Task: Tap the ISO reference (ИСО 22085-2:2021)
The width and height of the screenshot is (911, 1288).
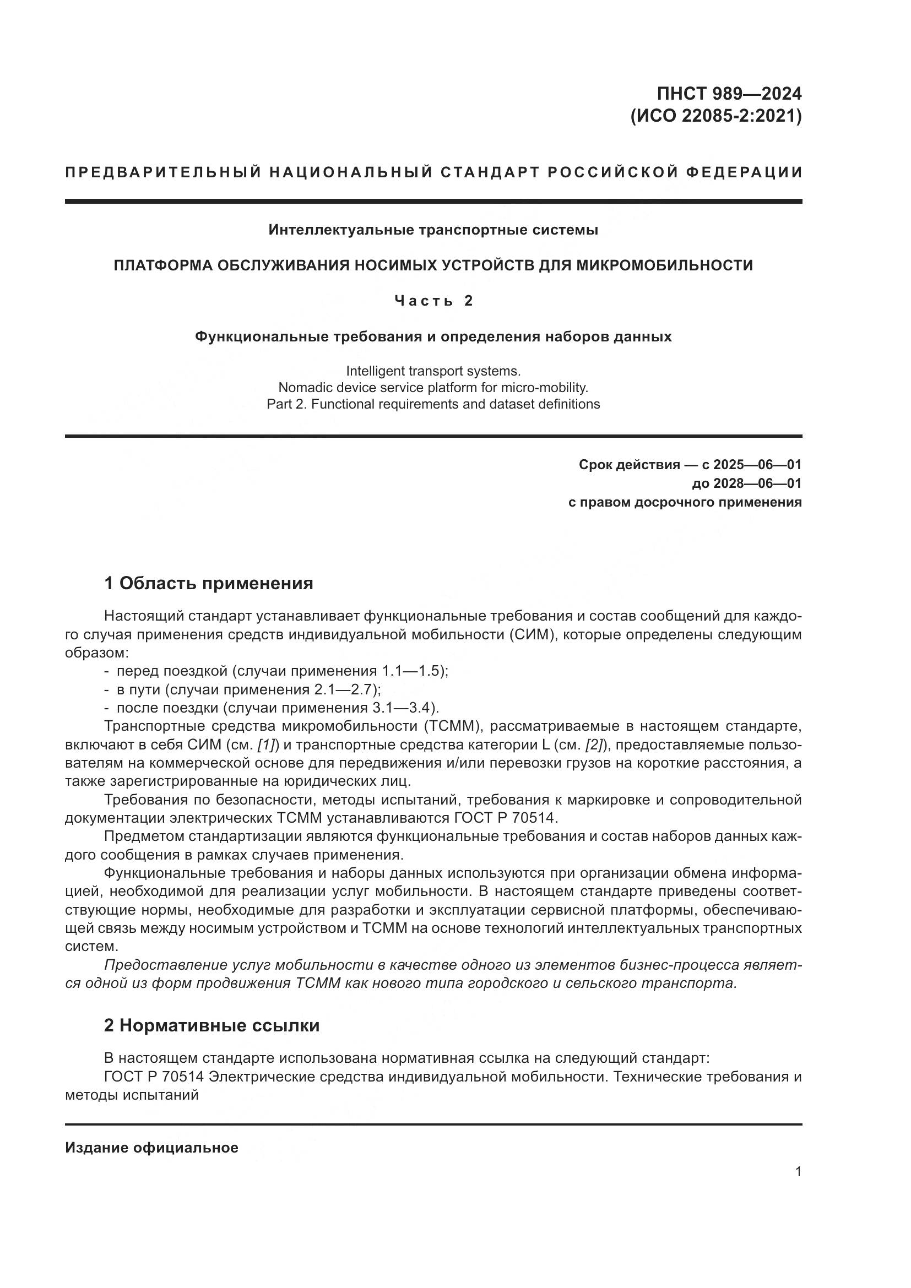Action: tap(717, 116)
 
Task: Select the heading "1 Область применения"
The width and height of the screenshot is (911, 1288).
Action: tap(209, 583)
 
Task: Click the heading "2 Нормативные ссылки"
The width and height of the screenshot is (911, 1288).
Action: tap(212, 1025)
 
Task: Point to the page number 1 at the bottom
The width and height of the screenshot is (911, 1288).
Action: tap(798, 1171)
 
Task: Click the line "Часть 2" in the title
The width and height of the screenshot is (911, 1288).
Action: tap(433, 301)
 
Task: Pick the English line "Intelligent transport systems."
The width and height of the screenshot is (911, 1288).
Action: tap(433, 371)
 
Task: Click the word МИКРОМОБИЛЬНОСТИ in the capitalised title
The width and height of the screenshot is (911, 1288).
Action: tap(664, 265)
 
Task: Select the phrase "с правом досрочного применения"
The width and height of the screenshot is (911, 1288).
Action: tap(685, 502)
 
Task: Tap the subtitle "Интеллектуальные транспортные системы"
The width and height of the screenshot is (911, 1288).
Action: tap(433, 230)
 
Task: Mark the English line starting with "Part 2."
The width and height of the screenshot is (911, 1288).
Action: tap(433, 404)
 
